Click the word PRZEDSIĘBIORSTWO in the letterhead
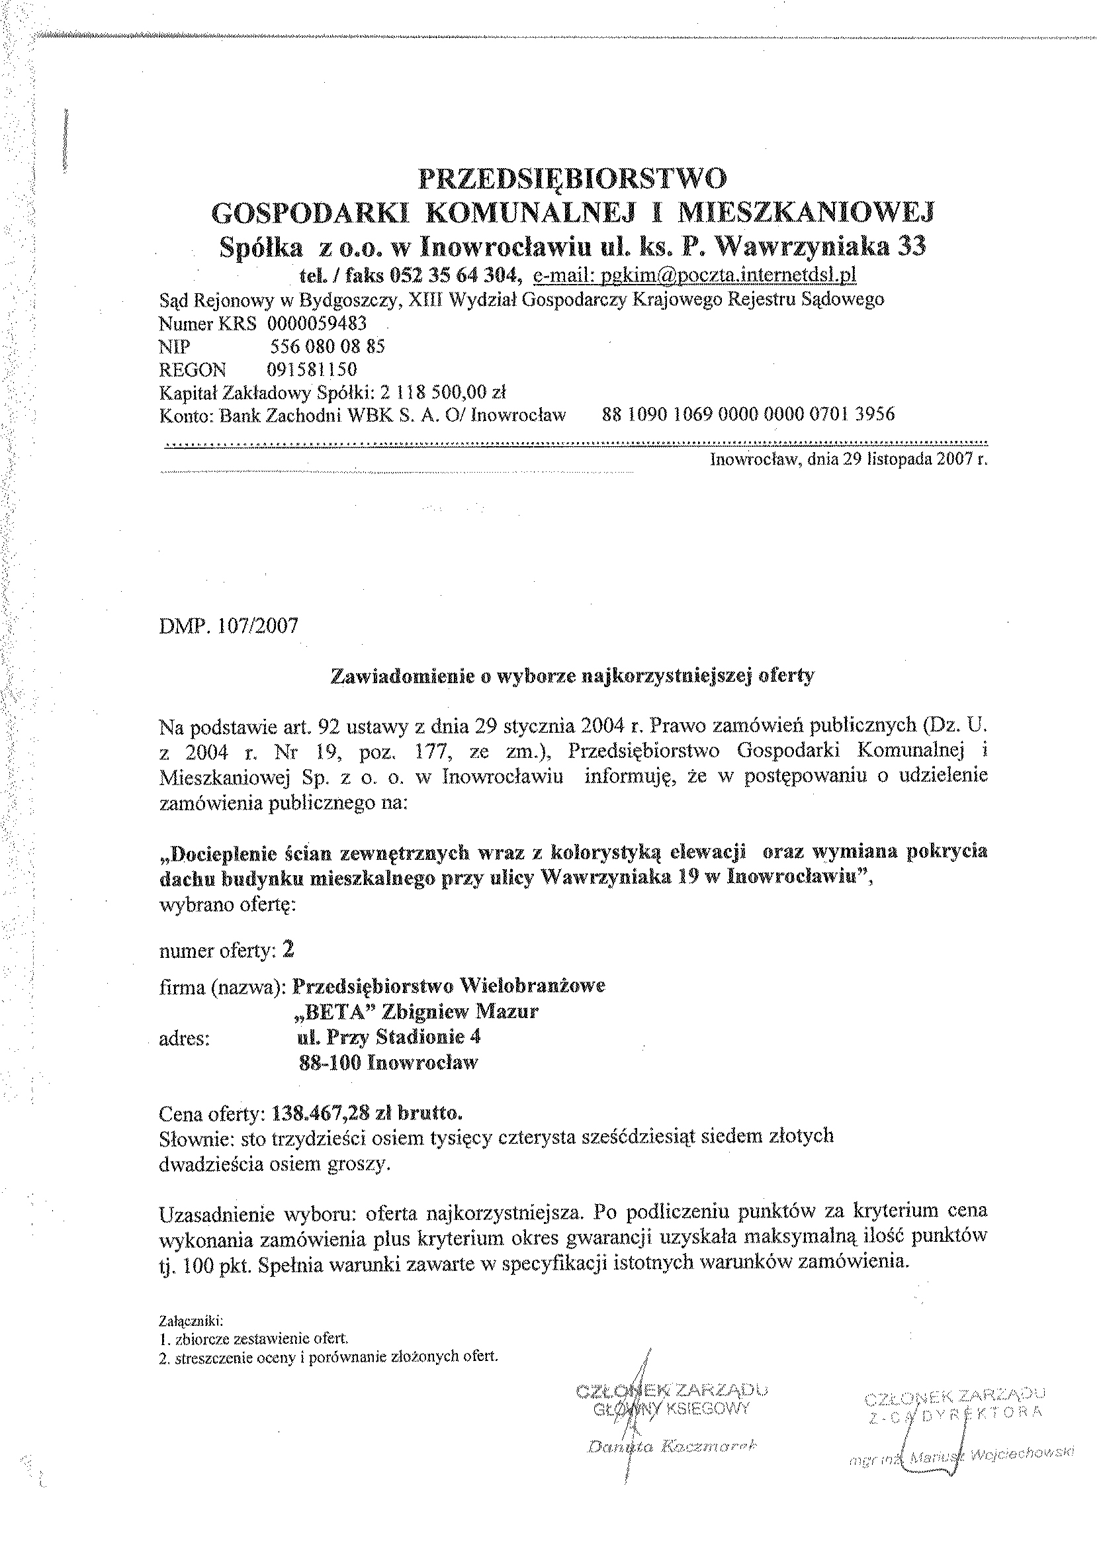[x=573, y=179]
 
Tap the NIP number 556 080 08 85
[x=328, y=347]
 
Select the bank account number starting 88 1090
[x=748, y=414]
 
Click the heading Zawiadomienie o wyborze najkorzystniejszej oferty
[x=572, y=677]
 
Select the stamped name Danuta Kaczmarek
[x=671, y=1446]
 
